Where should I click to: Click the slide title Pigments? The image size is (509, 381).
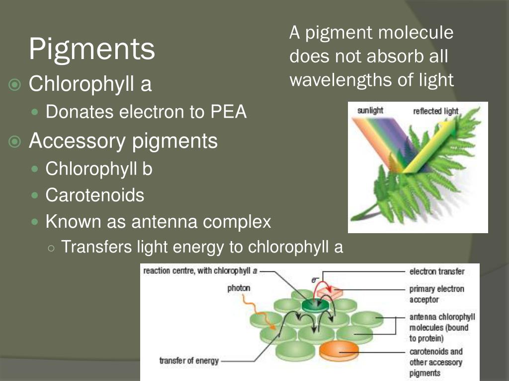[91, 49]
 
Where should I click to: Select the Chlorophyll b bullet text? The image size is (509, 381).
[99, 169]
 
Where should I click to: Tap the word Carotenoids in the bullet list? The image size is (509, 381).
[95, 195]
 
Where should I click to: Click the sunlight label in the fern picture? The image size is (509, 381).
[370, 111]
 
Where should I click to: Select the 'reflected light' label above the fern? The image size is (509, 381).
[435, 111]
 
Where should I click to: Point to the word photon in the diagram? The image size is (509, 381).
[239, 288]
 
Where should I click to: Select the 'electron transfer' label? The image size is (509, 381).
[437, 271]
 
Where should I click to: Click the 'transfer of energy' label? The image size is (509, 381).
[189, 361]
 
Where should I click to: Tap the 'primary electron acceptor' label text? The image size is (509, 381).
[436, 294]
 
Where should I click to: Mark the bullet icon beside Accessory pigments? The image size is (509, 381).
[15, 142]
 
